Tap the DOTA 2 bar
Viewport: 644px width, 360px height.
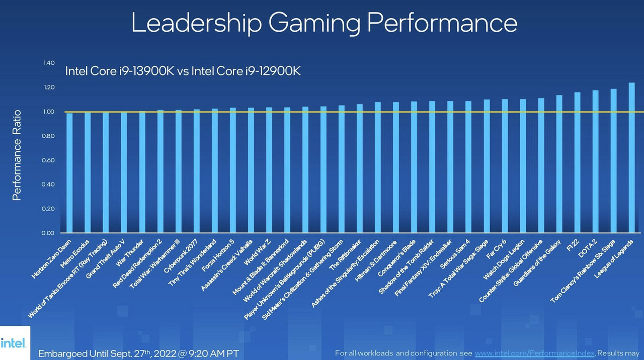pos(595,161)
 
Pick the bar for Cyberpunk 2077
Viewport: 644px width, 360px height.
pos(196,171)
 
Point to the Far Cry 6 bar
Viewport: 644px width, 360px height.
pos(505,166)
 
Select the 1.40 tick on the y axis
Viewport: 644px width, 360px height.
pos(49,63)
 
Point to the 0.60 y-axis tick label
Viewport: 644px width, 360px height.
pos(49,160)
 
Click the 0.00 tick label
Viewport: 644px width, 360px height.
pos(49,233)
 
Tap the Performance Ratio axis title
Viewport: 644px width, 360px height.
pos(17,155)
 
